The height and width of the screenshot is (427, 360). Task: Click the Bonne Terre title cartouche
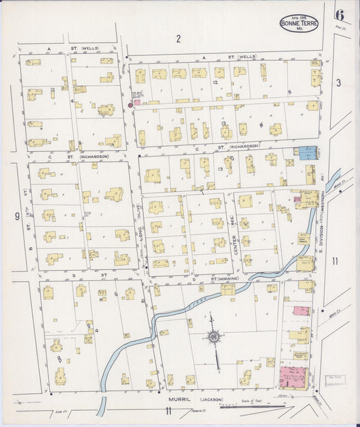[x=298, y=22]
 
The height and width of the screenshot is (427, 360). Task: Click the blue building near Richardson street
[x=307, y=153]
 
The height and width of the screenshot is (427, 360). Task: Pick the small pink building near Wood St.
[x=301, y=311]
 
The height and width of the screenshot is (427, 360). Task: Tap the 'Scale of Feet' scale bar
[x=253, y=405]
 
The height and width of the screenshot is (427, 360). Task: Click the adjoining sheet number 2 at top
[x=178, y=39]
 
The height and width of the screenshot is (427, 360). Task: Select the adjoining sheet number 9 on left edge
[x=16, y=216]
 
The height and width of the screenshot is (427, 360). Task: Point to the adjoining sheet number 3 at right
[x=340, y=82]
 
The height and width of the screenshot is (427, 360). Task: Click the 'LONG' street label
[x=142, y=234]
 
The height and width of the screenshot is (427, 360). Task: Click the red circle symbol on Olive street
[x=130, y=105]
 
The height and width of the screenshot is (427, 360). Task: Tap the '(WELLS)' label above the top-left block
[x=90, y=49]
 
